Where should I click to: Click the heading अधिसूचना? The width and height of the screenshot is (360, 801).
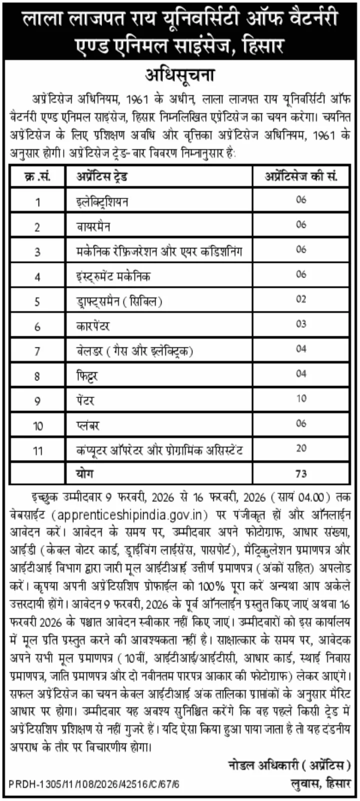[180, 76]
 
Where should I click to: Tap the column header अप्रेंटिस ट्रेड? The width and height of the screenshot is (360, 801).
[102, 177]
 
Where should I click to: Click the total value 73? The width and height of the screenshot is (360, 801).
[301, 473]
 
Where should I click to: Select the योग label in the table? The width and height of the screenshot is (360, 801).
[85, 473]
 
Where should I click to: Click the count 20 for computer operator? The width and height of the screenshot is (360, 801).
[301, 449]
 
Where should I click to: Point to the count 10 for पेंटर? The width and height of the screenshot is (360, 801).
[301, 399]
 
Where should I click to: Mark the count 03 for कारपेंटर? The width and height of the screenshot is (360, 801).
[301, 324]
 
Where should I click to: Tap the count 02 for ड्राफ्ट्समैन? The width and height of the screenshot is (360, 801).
[301, 299]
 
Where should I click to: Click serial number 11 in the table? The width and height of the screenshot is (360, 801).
[38, 451]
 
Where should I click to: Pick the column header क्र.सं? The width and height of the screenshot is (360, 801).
[37, 177]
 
